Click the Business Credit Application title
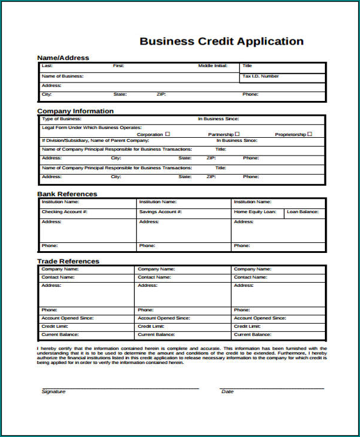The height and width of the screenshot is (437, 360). (221, 42)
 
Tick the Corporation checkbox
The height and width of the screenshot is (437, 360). (168, 134)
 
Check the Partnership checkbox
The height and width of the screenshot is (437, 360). (237, 134)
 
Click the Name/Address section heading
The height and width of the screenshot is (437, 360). (63, 58)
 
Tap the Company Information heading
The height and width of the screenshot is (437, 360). (75, 111)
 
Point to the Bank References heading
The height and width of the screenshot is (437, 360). (67, 194)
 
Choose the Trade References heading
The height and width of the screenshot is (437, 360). (68, 261)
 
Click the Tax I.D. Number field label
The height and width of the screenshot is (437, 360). (260, 76)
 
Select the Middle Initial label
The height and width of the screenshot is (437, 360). (213, 65)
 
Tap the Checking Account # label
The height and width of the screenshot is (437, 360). (65, 211)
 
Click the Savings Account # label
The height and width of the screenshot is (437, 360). (160, 211)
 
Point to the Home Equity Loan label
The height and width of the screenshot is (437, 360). (255, 211)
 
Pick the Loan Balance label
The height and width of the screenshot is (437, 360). (302, 211)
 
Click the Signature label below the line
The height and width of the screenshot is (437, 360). (53, 392)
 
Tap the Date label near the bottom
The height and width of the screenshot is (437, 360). (228, 392)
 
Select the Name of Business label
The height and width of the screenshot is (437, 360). (62, 76)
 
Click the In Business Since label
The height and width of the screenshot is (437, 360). (218, 119)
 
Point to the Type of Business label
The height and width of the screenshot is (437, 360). (61, 119)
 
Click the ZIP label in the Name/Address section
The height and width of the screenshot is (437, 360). (161, 94)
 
